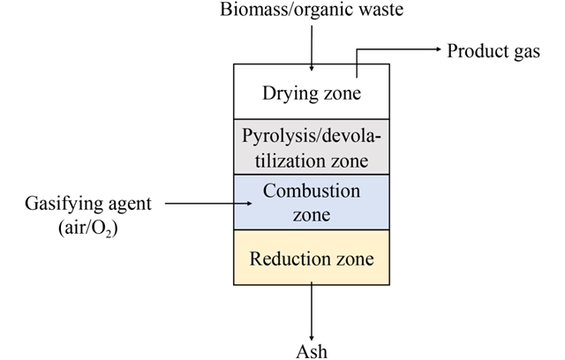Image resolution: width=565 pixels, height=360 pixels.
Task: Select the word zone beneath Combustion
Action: [x=313, y=214]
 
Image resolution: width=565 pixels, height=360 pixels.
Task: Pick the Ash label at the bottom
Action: [x=312, y=351]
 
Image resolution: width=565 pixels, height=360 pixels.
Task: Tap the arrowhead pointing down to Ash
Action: [x=312, y=329]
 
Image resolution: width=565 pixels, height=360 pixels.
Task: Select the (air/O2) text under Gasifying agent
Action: [x=88, y=227]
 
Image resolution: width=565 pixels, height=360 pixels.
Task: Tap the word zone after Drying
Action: [x=343, y=91]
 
